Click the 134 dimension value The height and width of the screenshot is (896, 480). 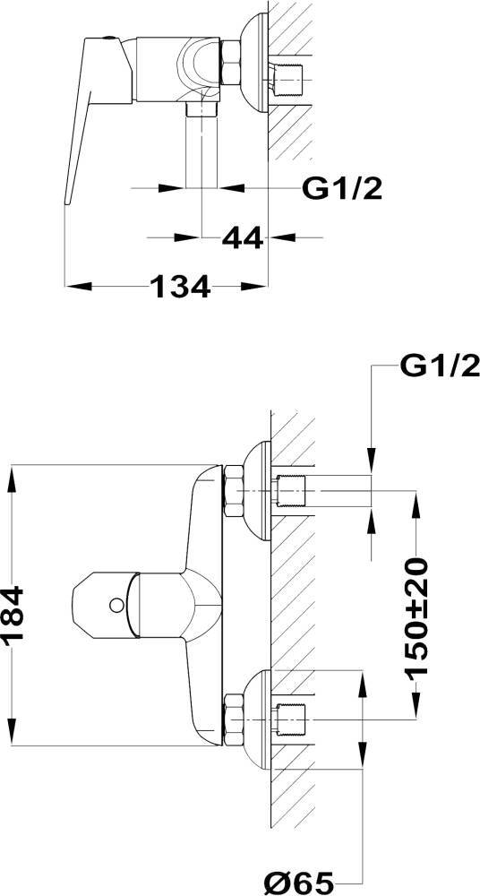point(181,287)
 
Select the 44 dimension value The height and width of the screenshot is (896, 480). point(243,237)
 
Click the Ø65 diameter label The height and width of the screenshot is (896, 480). point(300,883)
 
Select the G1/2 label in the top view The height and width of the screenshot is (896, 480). point(342,188)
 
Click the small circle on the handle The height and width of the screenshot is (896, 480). point(116,604)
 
